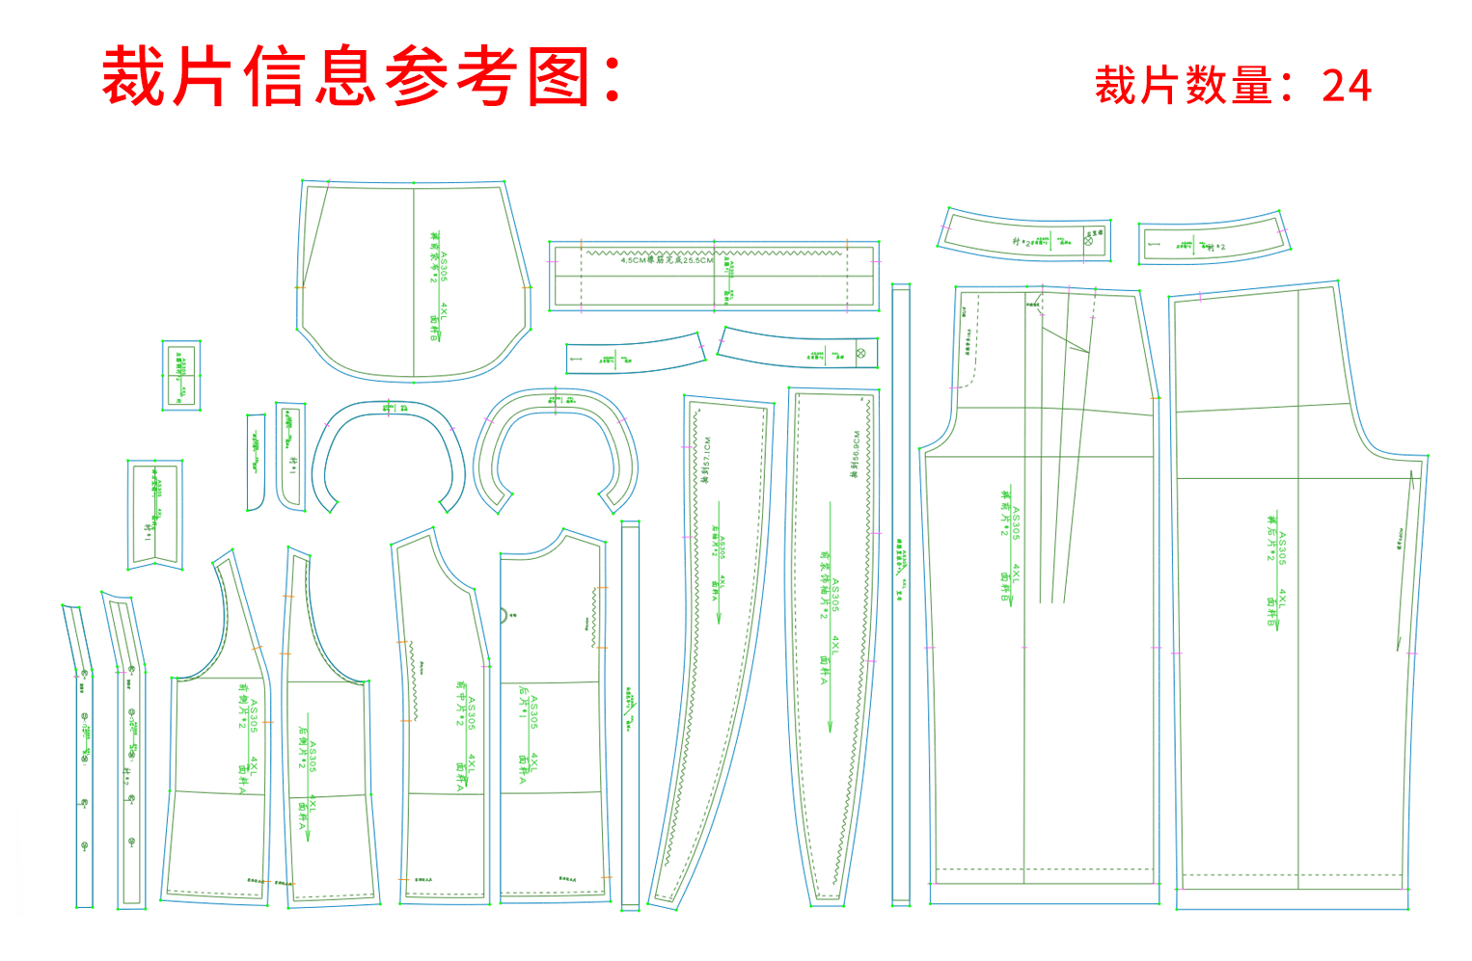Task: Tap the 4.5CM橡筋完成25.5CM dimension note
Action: click(667, 260)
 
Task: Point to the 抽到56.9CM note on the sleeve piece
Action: click(855, 454)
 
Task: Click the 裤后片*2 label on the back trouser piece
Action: click(1272, 541)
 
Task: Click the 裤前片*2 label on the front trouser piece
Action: click(1005, 512)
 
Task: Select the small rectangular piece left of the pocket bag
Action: click(180, 375)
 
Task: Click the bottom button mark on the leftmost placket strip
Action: click(85, 846)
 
